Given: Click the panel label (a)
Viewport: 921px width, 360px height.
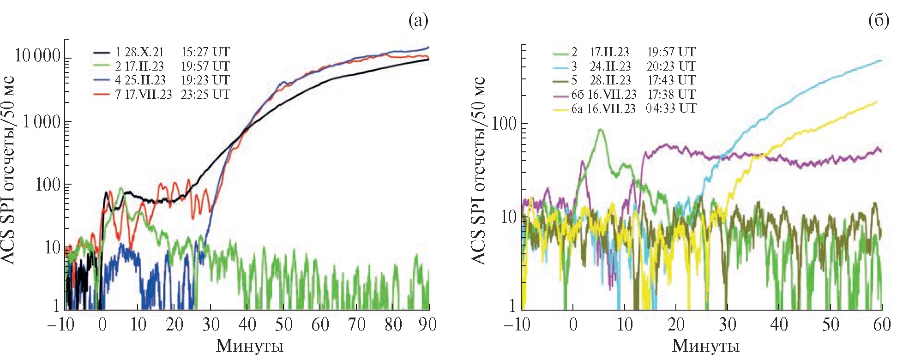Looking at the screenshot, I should tap(418, 21).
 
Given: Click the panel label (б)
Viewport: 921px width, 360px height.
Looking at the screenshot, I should tap(879, 21).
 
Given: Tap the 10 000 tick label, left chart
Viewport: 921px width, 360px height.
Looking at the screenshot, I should tap(38, 56).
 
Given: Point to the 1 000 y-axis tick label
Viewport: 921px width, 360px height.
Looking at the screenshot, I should tap(42, 122).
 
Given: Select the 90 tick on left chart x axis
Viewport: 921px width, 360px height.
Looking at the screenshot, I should tap(427, 324).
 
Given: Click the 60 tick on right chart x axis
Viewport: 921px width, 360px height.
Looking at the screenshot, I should tap(881, 324).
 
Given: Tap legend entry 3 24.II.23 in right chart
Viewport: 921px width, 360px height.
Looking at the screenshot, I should tap(601, 66).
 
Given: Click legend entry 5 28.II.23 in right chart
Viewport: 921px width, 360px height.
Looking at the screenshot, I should tap(601, 80).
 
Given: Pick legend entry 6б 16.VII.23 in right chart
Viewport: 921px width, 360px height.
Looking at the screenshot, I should tap(604, 95).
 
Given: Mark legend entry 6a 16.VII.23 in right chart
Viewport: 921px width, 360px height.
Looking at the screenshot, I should tap(603, 109).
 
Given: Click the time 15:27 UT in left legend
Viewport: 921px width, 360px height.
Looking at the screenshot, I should tap(205, 52).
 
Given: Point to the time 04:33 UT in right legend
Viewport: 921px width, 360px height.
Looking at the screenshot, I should tap(671, 109).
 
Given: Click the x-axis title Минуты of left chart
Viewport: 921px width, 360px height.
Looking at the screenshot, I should tap(249, 346).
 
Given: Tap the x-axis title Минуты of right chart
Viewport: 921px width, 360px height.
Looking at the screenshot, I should tap(706, 346).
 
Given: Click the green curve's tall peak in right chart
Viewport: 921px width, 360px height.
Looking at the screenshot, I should tap(600, 130).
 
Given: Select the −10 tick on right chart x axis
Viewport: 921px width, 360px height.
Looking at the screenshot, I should tap(517, 324).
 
